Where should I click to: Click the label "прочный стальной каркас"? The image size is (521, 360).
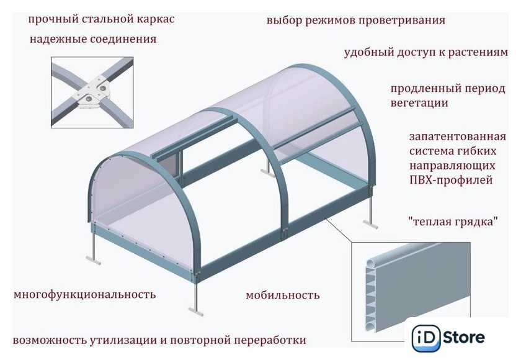tap(101, 19)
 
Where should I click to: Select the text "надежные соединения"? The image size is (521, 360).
tap(93, 39)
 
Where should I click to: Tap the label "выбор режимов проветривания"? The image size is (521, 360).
tap(356, 20)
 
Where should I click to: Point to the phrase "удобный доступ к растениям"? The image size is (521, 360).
tap(426, 52)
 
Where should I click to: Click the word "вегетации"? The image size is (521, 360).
tap(419, 103)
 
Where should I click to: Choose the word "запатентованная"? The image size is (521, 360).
tap(458, 137)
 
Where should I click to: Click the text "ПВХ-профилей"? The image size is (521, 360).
tap(451, 180)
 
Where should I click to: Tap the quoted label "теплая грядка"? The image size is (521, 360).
tap(453, 221)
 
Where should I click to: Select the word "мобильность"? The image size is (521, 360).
tap(283, 295)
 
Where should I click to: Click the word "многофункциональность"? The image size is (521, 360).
tap(85, 294)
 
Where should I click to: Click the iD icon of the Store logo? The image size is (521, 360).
tap(426, 338)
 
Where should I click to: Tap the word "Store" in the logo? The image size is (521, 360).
tap(464, 338)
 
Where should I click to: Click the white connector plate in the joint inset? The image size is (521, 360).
tap(92, 92)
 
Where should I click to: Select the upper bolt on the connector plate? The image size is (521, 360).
tap(103, 88)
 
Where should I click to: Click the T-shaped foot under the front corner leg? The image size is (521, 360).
tap(196, 312)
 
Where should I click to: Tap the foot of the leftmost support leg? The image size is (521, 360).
tap(93, 260)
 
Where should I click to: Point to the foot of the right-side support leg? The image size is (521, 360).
tap(370, 223)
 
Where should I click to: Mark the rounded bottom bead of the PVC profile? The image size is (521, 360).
tap(370, 326)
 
